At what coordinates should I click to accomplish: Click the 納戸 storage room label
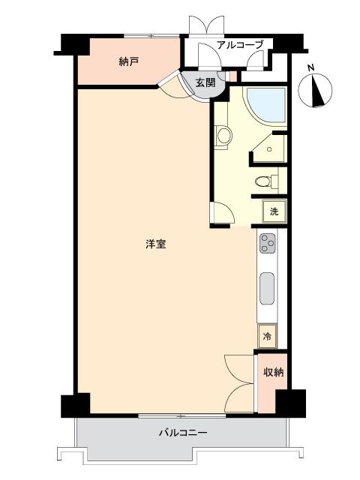[128, 61]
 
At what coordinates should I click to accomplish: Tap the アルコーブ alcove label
[240, 45]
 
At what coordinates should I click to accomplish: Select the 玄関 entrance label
[205, 82]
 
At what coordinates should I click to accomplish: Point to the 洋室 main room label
[156, 244]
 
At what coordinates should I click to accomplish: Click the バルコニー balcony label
[183, 433]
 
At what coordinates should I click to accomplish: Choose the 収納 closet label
[274, 372]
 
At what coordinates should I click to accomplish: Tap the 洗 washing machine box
[274, 211]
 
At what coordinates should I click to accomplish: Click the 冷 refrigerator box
[267, 337]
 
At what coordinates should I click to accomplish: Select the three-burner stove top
[268, 243]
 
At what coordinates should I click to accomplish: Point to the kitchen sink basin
[267, 288]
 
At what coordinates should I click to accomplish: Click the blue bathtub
[266, 105]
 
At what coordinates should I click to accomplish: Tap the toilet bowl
[263, 181]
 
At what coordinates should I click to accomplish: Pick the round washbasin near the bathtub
[224, 136]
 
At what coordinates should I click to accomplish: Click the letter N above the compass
[311, 68]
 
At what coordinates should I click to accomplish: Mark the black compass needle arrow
[316, 91]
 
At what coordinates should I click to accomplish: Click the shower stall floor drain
[269, 149]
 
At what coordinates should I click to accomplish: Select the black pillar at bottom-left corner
[76, 405]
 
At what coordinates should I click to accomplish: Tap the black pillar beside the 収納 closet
[291, 403]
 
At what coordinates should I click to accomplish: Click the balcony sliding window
[181, 416]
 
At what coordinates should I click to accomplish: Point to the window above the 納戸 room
[151, 36]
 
